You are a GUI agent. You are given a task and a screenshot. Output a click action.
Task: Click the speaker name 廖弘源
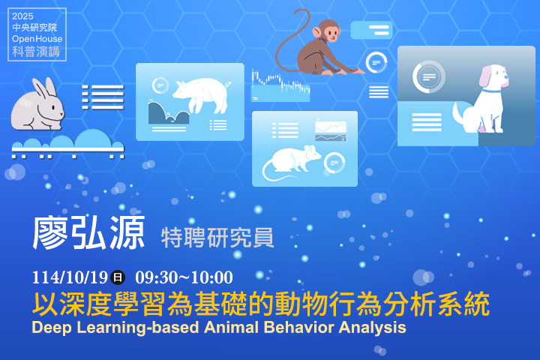point(88,234)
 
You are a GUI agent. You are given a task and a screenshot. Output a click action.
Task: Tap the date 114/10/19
point(70,277)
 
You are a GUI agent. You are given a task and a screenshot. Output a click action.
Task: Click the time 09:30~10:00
point(184,277)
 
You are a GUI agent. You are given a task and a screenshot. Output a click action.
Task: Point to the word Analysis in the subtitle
point(372,328)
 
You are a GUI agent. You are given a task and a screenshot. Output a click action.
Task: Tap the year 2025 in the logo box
point(23,16)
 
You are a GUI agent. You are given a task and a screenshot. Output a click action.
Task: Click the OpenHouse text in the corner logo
point(37,39)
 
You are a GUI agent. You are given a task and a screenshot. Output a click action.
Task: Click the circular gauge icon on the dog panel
point(429,76)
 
